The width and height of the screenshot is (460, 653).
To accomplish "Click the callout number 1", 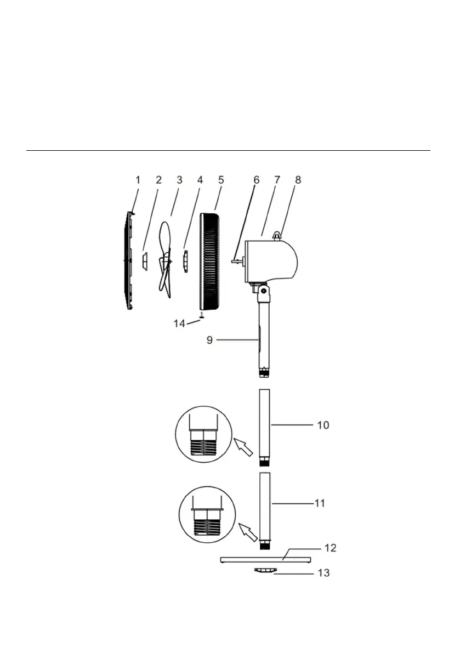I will (x=138, y=180).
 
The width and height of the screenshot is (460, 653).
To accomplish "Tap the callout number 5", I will (x=221, y=179).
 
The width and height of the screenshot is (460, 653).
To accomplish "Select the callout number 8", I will (x=298, y=179).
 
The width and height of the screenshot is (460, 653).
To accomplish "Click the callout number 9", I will (x=209, y=340).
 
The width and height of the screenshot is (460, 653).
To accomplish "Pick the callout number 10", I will (x=323, y=425).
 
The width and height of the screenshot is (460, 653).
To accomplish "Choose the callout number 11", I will (x=319, y=502).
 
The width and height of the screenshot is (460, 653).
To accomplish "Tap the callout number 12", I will (x=330, y=548).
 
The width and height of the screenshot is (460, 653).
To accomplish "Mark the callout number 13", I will (x=323, y=573).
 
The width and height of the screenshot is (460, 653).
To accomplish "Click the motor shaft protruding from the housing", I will (x=237, y=262).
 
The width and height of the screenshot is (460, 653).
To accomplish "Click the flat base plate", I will (x=265, y=559).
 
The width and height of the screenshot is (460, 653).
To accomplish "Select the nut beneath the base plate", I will (x=265, y=571).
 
